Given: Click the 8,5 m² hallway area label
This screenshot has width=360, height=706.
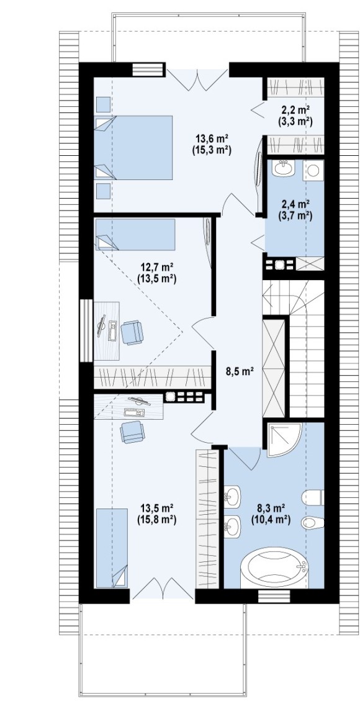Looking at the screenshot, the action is tap(240, 371).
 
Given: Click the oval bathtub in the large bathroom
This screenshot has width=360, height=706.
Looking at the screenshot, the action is tap(274, 568).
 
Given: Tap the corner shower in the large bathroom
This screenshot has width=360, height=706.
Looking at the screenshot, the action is tap(284, 439).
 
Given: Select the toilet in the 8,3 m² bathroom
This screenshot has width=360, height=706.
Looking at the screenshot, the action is tap(313, 497).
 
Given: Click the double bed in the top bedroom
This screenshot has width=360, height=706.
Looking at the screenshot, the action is tap(133, 148).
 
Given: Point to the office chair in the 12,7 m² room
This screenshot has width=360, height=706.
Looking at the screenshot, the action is tap(132, 332).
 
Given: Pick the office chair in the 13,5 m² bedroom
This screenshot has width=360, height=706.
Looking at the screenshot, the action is tap(133, 432).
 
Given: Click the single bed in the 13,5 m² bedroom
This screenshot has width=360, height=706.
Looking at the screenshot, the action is tap(112, 548).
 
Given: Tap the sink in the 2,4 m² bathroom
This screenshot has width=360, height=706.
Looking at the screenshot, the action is tap(284, 168).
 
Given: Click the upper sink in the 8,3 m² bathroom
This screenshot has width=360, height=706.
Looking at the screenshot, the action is tap(233, 497).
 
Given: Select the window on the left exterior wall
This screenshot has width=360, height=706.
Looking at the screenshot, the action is tap(86, 330).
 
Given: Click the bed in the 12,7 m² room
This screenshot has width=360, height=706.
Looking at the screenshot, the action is tap(135, 234).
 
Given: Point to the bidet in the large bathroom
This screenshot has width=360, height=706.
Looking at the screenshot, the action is tap(313, 522).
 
